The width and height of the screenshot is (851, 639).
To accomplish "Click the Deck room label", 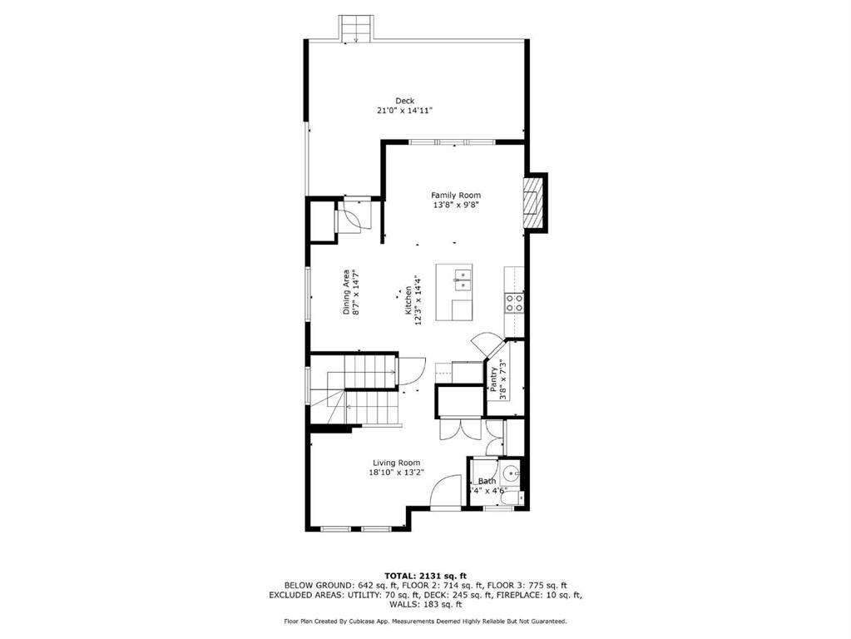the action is (405, 101).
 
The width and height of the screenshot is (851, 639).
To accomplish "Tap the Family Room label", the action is (456, 195).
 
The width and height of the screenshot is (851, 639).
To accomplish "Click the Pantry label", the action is (493, 379).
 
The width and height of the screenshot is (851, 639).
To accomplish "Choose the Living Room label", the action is (396, 463).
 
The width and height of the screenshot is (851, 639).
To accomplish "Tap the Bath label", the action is (487, 481).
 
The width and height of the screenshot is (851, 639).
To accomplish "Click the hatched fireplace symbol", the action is (532, 204).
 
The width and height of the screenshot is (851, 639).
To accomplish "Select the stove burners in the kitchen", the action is (514, 302).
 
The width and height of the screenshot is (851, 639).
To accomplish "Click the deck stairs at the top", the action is (356, 28).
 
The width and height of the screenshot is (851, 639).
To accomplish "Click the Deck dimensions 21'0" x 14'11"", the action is (405, 110).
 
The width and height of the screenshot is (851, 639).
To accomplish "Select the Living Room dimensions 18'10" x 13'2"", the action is (396, 473).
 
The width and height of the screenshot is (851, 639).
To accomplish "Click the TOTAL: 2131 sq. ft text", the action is (426, 576).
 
